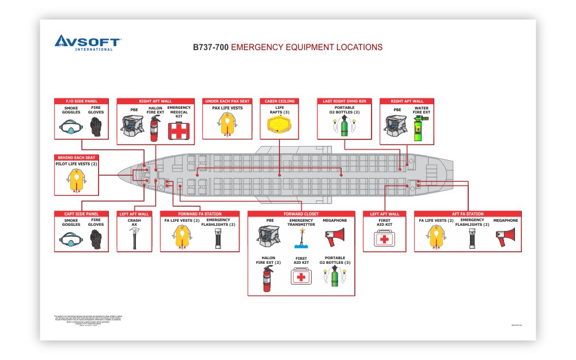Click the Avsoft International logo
[87, 42]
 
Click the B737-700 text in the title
[210, 47]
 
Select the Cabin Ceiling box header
[279, 101]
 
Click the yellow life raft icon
[279, 125]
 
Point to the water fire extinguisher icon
[420, 128]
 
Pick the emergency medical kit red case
[178, 131]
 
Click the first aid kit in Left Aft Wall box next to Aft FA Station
[384, 238]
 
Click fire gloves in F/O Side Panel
[96, 126]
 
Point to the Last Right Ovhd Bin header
[345, 101]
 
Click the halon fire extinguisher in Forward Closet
[268, 279]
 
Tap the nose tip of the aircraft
[118, 173]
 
